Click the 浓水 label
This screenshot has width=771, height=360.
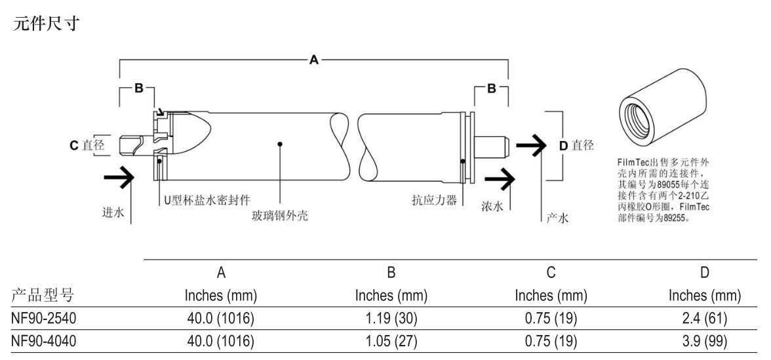[492, 207]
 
